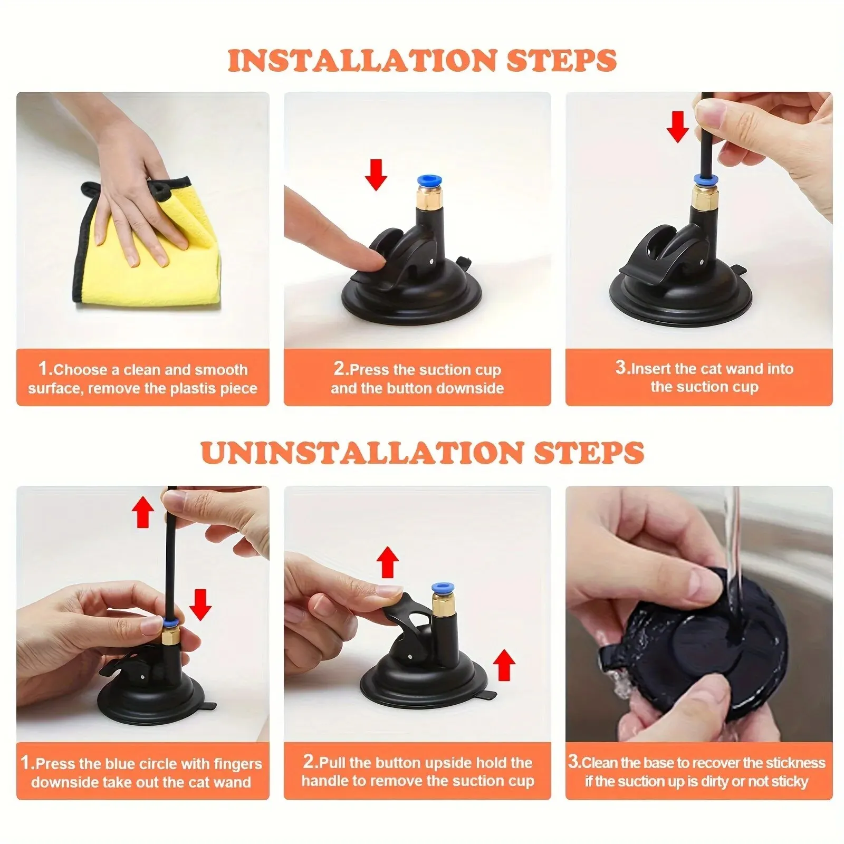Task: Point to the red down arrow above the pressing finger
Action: [376, 175]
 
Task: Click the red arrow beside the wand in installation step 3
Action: [677, 127]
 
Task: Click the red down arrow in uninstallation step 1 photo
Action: [200, 605]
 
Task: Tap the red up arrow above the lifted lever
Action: [388, 562]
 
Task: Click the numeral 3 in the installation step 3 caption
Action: [620, 367]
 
